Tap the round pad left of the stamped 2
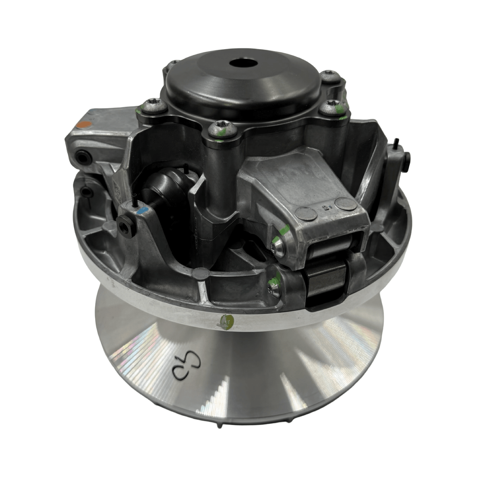[x=306, y=214]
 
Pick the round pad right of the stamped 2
[x=346, y=204]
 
